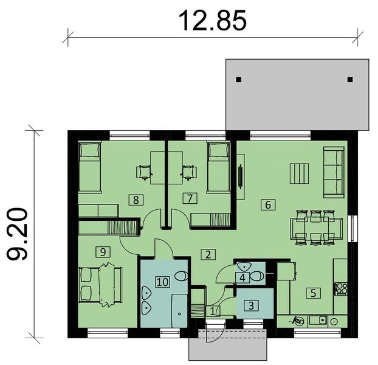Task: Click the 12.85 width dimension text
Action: point(212,19)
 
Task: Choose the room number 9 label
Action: point(101,250)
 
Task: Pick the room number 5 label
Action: point(313,293)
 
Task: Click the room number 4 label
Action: point(242,277)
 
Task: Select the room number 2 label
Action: point(208,254)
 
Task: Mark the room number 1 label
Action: point(212,310)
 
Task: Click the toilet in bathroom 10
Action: point(180,277)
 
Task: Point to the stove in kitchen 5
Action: point(340,288)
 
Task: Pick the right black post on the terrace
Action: point(350,79)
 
